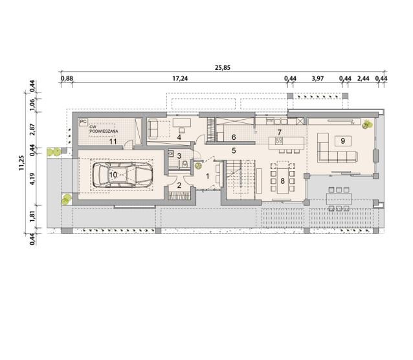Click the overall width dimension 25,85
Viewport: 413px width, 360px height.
[x=223, y=68]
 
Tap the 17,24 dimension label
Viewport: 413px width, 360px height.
[x=180, y=78]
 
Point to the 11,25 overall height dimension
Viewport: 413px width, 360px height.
[x=21, y=163]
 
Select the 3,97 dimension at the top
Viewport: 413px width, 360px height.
[x=318, y=78]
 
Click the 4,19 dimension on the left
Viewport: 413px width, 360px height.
[x=32, y=179]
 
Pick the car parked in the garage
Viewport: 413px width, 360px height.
[x=123, y=175]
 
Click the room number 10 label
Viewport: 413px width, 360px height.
[x=113, y=175]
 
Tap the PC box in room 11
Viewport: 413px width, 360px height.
[x=84, y=122]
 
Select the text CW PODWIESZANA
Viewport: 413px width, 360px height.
[x=104, y=129]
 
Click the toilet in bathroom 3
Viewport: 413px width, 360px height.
[x=185, y=164]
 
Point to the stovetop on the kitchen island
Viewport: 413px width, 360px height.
[x=278, y=141]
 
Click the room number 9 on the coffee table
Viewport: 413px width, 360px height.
[x=342, y=141]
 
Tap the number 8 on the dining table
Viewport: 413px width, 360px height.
[x=283, y=181]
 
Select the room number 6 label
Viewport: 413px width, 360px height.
[x=234, y=137]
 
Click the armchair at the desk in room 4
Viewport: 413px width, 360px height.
[x=181, y=130]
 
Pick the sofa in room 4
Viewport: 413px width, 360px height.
[x=153, y=129]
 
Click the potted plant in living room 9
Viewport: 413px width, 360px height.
[x=366, y=124]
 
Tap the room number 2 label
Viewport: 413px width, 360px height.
[x=179, y=185]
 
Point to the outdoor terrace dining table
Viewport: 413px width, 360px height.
[x=339, y=199]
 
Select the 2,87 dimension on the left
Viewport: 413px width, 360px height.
[x=32, y=129]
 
